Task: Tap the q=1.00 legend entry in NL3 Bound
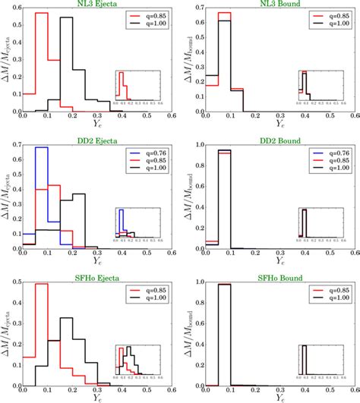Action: [328, 26]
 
